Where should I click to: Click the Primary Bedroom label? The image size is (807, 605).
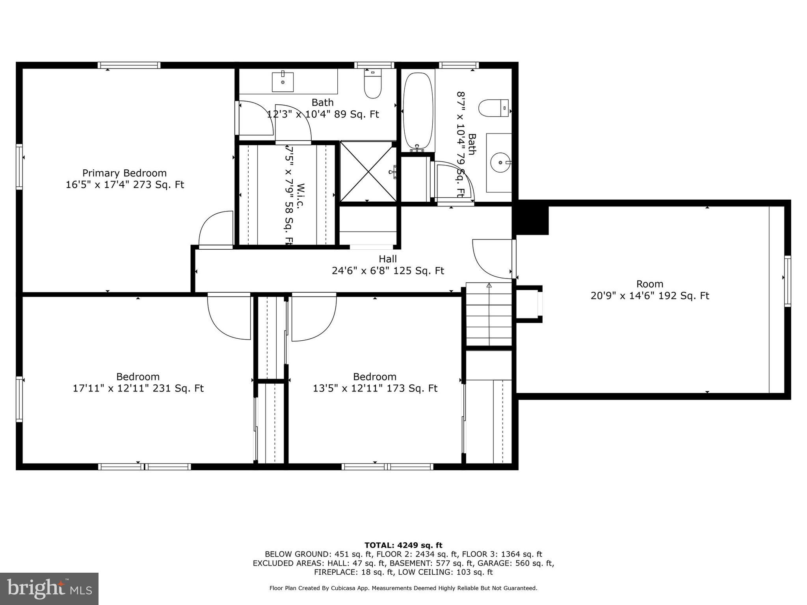(x=125, y=173)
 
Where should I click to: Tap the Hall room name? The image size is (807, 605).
(x=388, y=259)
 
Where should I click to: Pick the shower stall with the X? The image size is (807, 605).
(x=368, y=172)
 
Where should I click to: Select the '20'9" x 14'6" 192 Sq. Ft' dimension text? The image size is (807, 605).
(x=650, y=296)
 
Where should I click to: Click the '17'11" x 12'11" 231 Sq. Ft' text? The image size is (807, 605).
(x=138, y=388)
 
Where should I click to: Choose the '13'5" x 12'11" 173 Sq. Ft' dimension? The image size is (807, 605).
(x=375, y=388)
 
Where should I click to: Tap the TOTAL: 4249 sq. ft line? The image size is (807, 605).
(x=403, y=545)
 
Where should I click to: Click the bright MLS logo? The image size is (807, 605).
(x=49, y=588)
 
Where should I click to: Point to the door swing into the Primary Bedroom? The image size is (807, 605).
(x=216, y=230)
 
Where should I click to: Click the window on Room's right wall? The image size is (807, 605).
(x=787, y=281)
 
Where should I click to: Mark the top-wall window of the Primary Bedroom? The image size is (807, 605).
(x=129, y=65)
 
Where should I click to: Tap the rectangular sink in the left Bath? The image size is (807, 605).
(x=283, y=81)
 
